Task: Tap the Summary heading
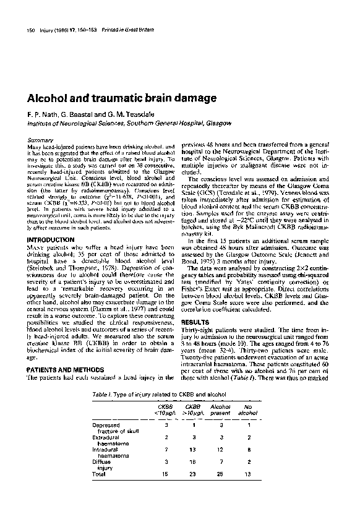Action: [40, 140]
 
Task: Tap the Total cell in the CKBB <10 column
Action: [166, 491]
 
